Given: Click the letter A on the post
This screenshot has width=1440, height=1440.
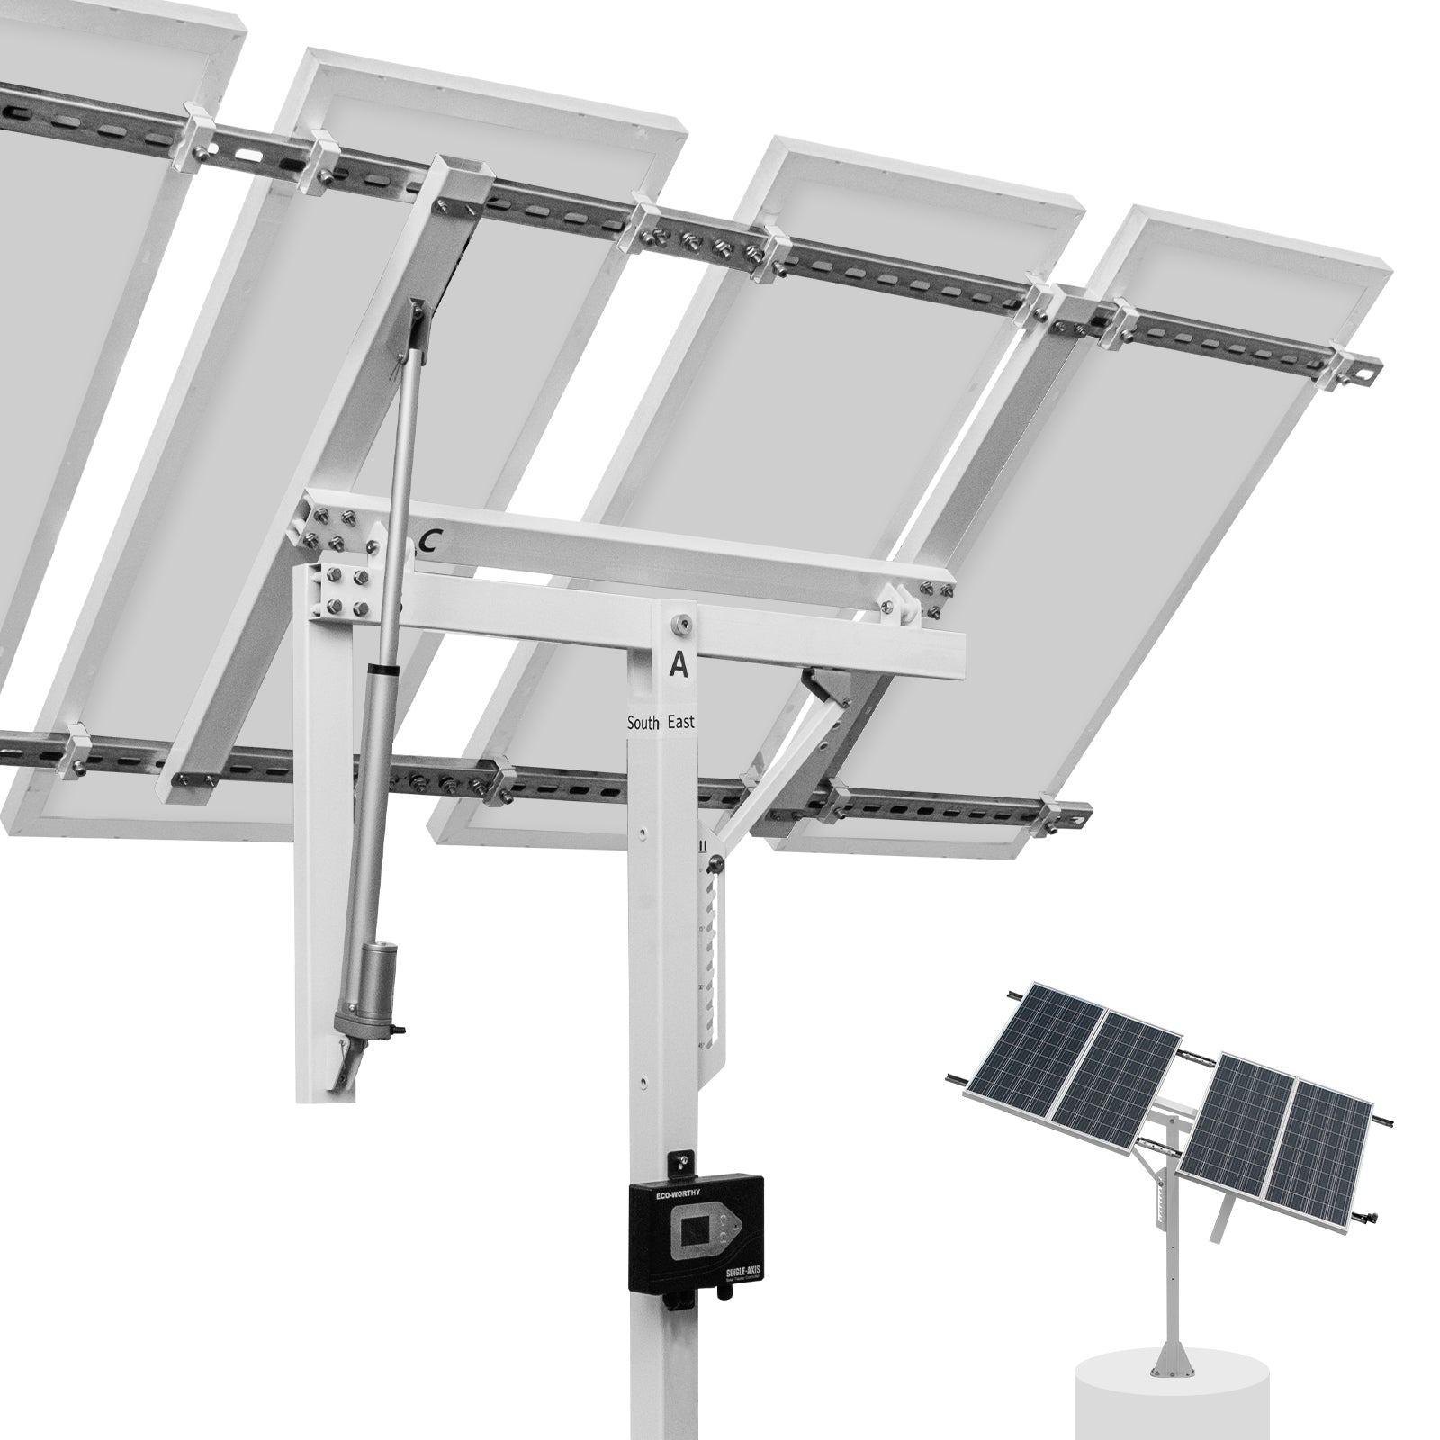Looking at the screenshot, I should point(679,664).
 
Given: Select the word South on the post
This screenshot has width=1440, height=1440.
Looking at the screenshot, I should point(645,723).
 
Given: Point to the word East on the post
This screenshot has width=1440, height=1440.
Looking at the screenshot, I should point(681,722).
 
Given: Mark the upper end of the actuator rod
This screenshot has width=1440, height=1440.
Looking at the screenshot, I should point(415,310).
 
